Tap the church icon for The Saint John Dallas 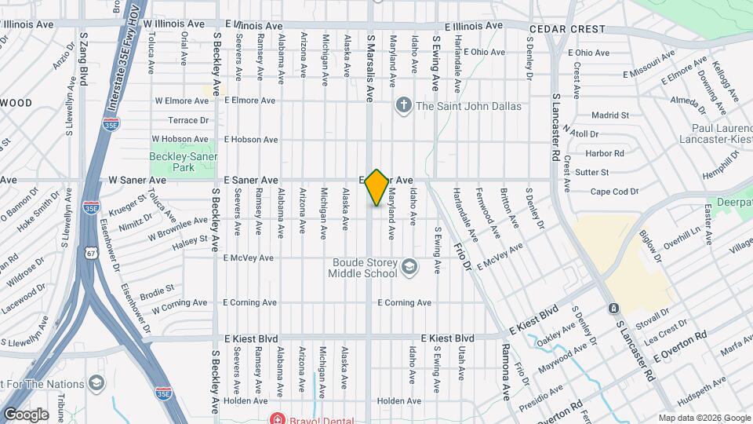point(404,105)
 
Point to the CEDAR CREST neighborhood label point(567,29)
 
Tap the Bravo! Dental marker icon point(275,418)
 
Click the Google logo point(25,415)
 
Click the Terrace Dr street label point(189,120)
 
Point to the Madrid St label point(610,115)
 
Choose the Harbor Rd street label point(604,153)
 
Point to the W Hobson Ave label point(181,140)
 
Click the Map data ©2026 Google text point(704,418)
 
